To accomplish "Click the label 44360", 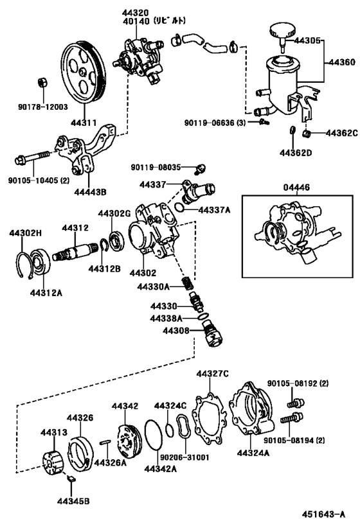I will click(341, 63).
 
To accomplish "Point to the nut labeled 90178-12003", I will click(41, 83).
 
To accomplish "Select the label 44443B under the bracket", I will click(89, 190).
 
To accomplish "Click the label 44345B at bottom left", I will click(72, 500).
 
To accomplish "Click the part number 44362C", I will click(341, 134).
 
